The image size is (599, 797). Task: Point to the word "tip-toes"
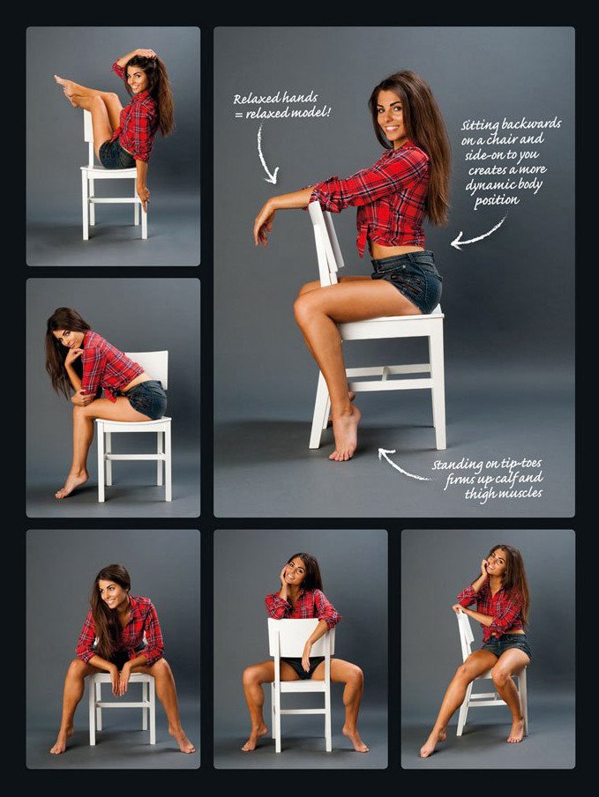[x=520, y=464]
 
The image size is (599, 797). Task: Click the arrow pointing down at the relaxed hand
[x=266, y=154]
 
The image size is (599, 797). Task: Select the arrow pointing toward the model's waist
[x=478, y=234]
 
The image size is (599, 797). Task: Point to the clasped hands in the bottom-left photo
[x=119, y=679]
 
